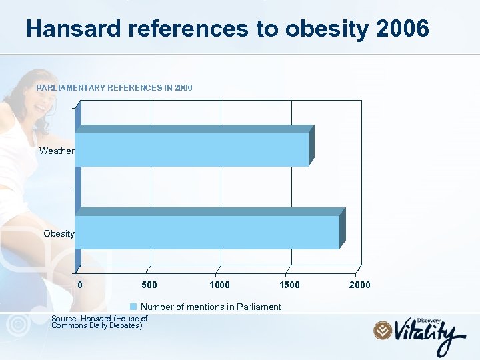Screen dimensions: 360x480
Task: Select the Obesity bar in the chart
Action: pos(207,232)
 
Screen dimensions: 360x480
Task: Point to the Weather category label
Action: pos(57,151)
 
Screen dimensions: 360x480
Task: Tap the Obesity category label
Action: pos(59,233)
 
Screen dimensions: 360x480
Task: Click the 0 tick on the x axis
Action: pos(80,285)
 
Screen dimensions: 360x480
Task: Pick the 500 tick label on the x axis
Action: pos(150,285)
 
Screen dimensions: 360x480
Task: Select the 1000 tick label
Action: pos(219,285)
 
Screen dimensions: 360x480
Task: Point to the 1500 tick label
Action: pos(289,285)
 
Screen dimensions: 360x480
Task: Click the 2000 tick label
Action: pos(359,285)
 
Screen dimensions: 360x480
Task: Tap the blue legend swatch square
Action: pos(133,307)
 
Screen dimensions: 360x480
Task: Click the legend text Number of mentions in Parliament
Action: pos(211,307)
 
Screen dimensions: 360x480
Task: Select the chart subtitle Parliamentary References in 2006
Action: pos(114,88)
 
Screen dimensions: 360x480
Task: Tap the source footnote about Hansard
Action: pos(99,322)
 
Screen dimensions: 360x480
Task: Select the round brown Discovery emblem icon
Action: pos(382,330)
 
